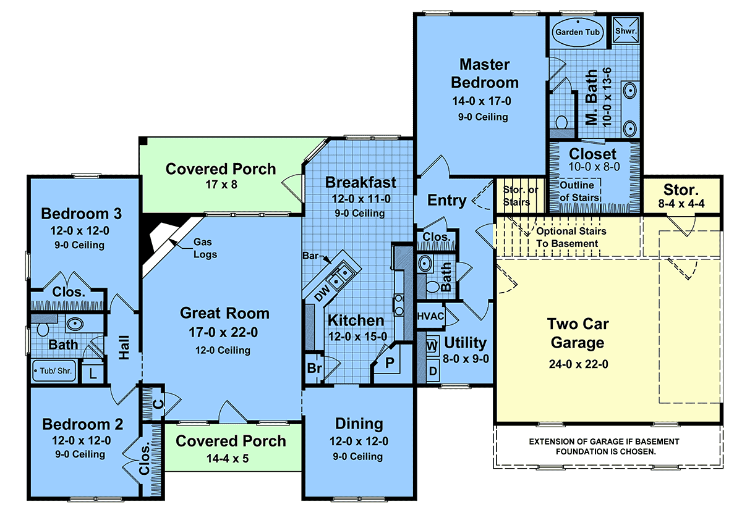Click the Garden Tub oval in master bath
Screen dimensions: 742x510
point(578,32)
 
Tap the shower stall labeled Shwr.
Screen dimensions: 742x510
point(625,30)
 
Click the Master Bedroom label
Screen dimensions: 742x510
point(485,73)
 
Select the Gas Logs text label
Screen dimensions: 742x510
point(205,248)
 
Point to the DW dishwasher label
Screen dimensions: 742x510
point(322,293)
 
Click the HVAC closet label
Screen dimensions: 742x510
point(430,316)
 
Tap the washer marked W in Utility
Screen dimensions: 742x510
point(432,346)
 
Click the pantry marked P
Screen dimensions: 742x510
point(390,363)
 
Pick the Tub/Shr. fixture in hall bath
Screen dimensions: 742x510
point(54,370)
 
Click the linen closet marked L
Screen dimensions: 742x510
point(93,374)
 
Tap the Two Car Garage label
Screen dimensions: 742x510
point(578,333)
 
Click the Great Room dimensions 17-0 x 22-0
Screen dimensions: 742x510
point(223,332)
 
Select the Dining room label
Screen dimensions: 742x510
point(359,424)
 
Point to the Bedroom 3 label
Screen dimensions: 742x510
point(81,214)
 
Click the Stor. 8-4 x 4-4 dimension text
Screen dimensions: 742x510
point(681,204)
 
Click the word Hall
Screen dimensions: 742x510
point(124,347)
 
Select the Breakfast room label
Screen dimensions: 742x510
point(360,182)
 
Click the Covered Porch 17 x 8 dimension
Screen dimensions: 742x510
point(221,185)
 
